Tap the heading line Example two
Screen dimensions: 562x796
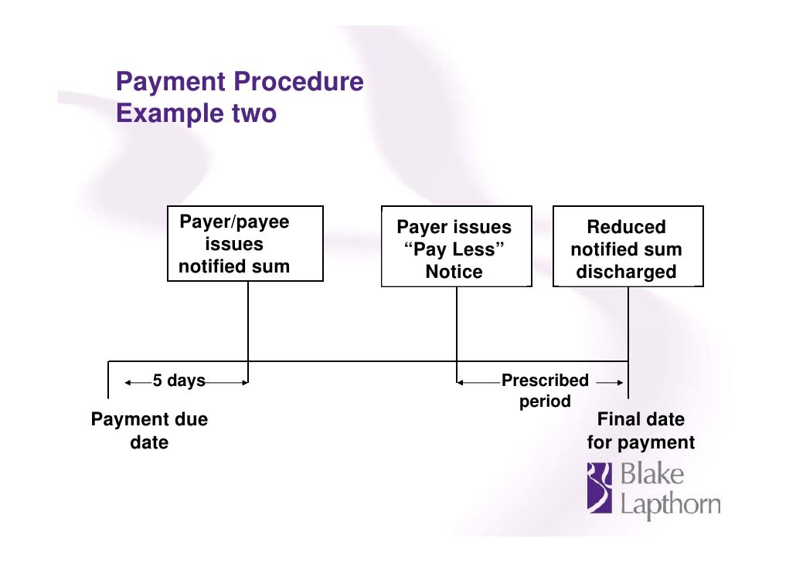196,113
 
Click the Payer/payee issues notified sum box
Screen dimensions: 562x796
245,243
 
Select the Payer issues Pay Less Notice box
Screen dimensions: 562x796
456,248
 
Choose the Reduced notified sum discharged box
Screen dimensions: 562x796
628,248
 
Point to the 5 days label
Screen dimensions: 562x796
179,381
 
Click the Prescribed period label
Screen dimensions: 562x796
545,390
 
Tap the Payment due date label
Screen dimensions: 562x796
149,431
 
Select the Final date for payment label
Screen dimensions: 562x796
641,431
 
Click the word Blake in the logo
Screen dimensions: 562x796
652,475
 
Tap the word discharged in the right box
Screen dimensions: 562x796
626,272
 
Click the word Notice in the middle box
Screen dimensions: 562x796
454,272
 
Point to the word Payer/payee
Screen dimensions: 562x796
234,222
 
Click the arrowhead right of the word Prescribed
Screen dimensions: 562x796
620,381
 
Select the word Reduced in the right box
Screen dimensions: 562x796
626,227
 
